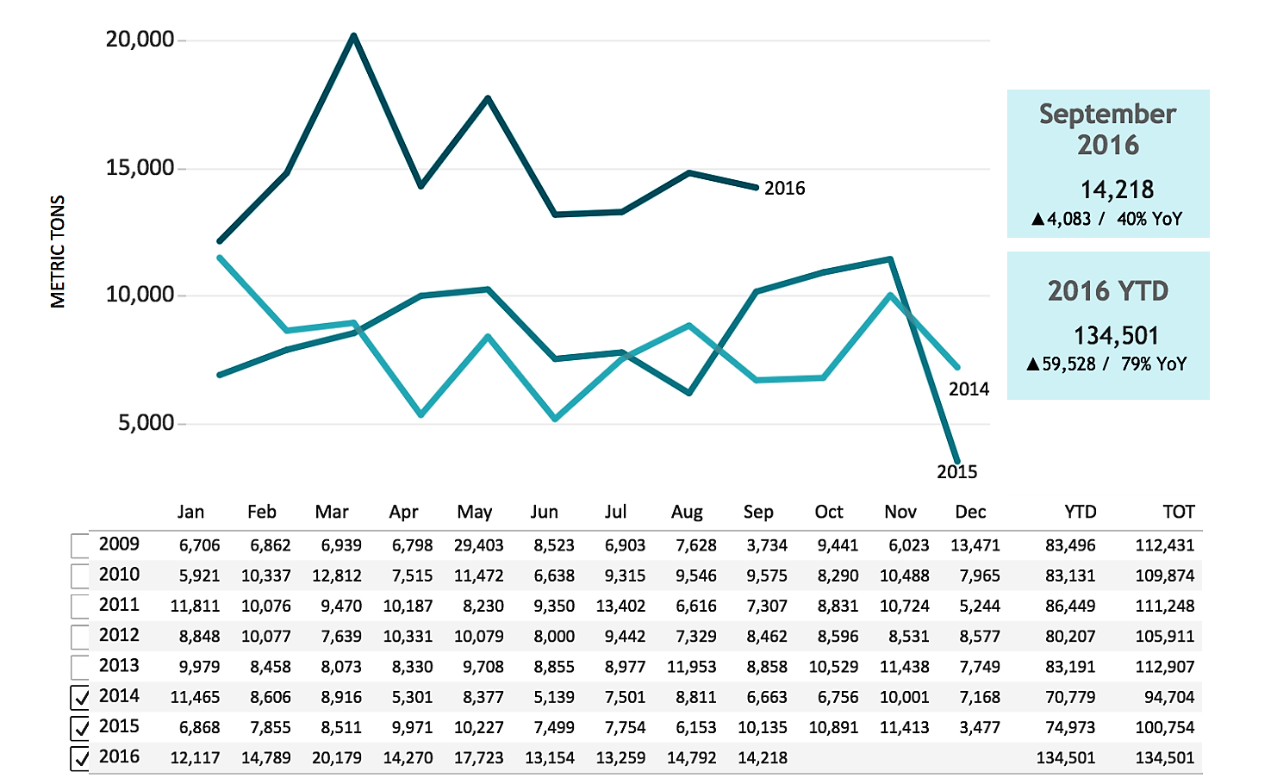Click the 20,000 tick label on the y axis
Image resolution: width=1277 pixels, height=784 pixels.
(x=140, y=40)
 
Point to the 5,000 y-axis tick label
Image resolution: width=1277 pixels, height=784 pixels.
(x=146, y=423)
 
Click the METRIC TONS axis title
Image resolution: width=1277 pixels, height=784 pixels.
(x=58, y=252)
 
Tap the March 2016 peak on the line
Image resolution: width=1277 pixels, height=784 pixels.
(x=353, y=36)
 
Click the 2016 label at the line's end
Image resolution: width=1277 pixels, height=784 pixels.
(x=784, y=189)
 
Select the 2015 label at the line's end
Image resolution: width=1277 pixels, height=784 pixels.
(x=956, y=472)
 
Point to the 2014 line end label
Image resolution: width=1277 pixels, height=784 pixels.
(x=969, y=389)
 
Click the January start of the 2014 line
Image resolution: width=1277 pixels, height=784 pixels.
(x=221, y=258)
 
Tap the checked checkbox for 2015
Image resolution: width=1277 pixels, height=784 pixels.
(x=80, y=728)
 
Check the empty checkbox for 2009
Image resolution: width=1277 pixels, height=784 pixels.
(x=80, y=545)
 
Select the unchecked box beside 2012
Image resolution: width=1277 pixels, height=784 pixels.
(x=80, y=637)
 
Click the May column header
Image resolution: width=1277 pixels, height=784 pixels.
(x=474, y=513)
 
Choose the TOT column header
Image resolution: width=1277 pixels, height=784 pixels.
(x=1178, y=513)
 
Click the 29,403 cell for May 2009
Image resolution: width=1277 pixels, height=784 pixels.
(x=478, y=545)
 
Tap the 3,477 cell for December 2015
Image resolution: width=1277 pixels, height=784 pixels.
(x=980, y=728)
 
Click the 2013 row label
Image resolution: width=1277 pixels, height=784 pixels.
(x=119, y=666)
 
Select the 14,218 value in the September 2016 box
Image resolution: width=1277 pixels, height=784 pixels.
(x=1117, y=190)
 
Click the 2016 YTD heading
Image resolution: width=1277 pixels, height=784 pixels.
(x=1107, y=291)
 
